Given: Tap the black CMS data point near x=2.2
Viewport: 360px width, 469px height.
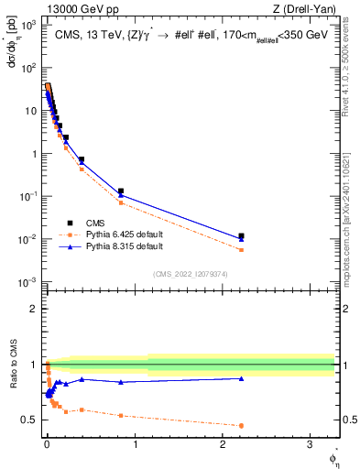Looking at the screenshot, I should pyautogui.click(x=241, y=235).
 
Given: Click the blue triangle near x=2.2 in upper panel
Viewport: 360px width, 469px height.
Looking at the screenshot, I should pyautogui.click(x=241, y=239).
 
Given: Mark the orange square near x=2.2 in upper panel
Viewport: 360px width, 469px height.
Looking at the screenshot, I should pyautogui.click(x=241, y=249).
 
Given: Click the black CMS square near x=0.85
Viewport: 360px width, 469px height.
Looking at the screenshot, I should pyautogui.click(x=121, y=191).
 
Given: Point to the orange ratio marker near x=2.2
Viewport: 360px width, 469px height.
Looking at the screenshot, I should pyautogui.click(x=241, y=425).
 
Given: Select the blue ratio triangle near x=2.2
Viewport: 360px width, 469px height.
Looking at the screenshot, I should pyautogui.click(x=241, y=378).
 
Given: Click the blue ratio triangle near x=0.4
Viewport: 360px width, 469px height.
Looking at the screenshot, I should pyautogui.click(x=82, y=379).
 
